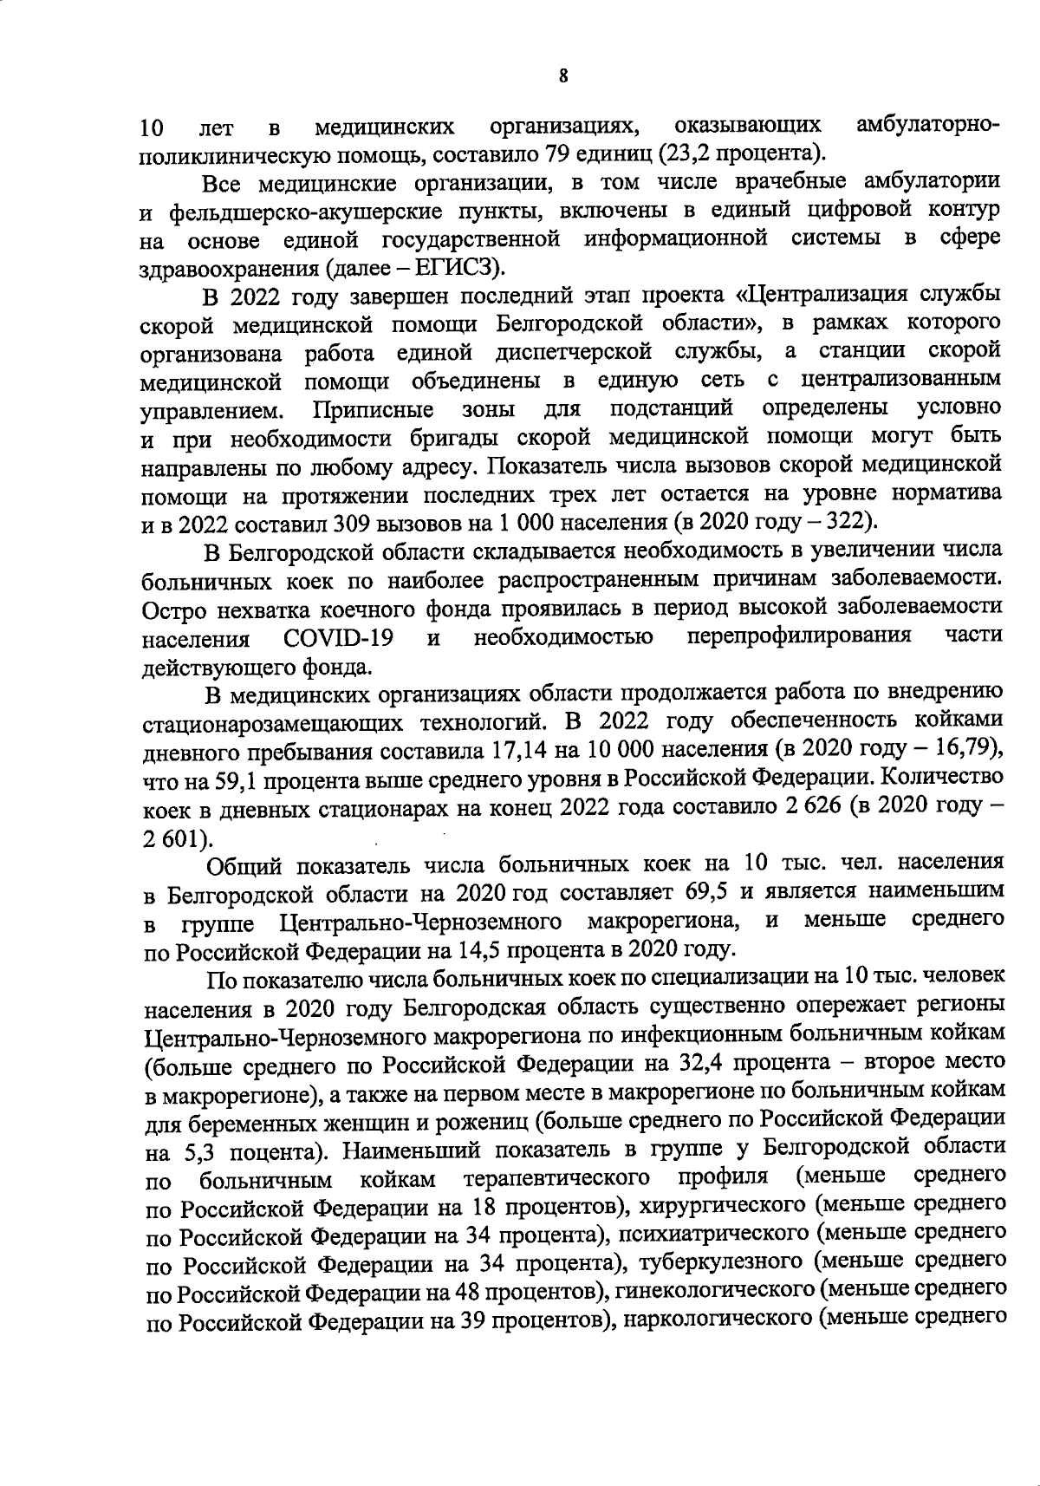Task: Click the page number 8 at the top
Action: click(x=563, y=76)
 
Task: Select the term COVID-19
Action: click(x=338, y=638)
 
